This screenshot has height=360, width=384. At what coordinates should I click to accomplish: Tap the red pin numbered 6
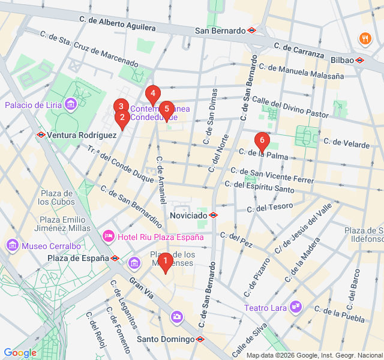[x=261, y=141]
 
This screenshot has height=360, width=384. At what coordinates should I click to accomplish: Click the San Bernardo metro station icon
[x=251, y=30]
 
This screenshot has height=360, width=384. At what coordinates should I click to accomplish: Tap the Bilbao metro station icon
[x=359, y=60]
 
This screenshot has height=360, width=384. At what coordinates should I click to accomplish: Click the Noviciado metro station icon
[x=214, y=215]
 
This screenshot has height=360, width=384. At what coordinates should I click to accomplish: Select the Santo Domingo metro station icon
[x=200, y=339]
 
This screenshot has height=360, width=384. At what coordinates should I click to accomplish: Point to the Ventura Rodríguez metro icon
[x=41, y=135]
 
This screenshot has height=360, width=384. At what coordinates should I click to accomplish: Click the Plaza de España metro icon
[x=115, y=259]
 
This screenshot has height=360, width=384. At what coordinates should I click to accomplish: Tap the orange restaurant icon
[x=365, y=40]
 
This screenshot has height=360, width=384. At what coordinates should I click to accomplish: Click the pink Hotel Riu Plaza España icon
[x=109, y=236]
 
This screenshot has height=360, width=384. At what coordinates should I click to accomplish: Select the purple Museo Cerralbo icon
[x=12, y=245]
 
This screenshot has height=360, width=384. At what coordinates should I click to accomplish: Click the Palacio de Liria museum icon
[x=71, y=105]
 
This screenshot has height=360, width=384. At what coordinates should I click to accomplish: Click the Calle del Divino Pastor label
[x=290, y=106]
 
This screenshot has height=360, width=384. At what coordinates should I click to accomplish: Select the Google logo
[x=20, y=353]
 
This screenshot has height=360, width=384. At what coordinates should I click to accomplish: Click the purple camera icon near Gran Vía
[x=177, y=316]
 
